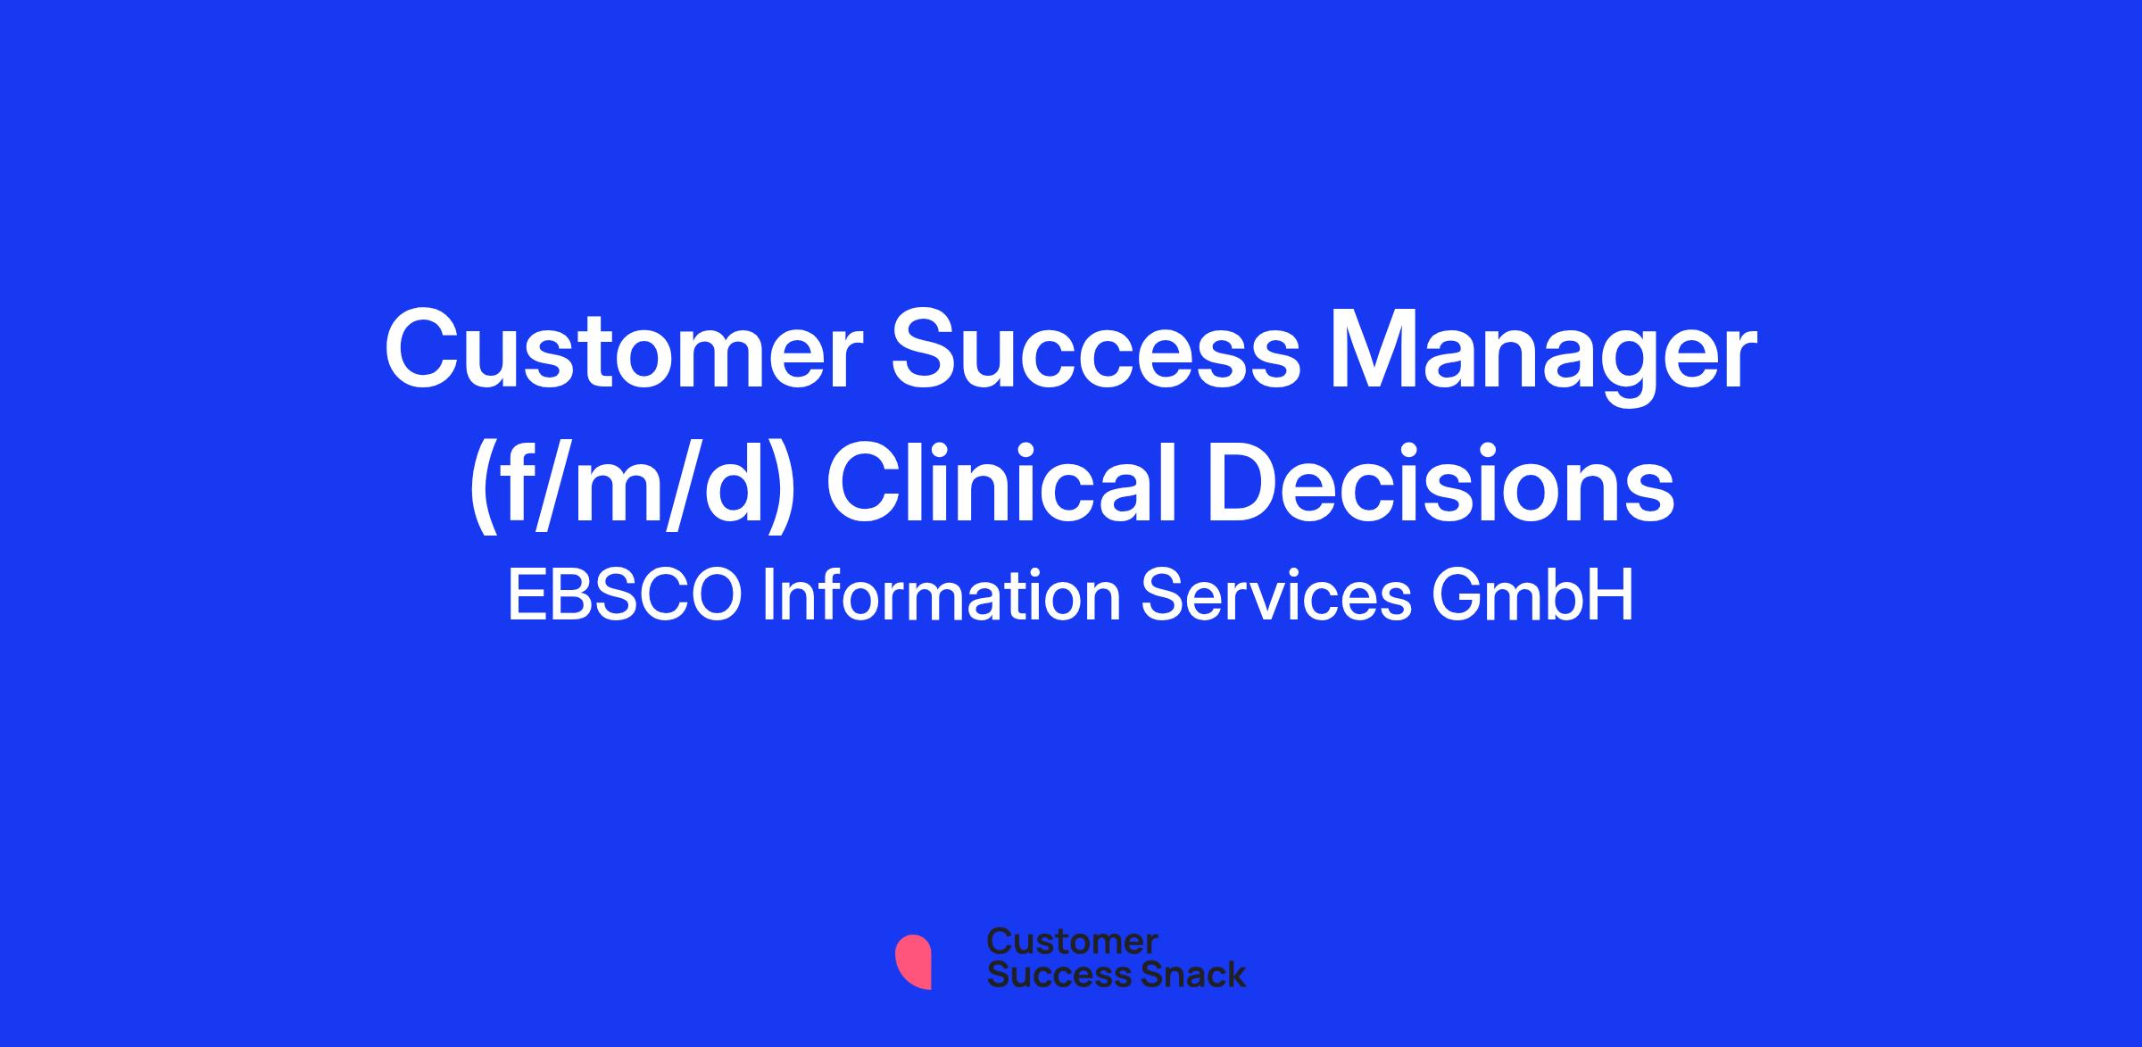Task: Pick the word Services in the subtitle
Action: [x=1277, y=595]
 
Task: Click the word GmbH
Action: [x=1533, y=595]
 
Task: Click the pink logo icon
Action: [x=913, y=961]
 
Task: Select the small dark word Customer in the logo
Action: [x=1073, y=942]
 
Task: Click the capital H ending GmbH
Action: [x=1612, y=595]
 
